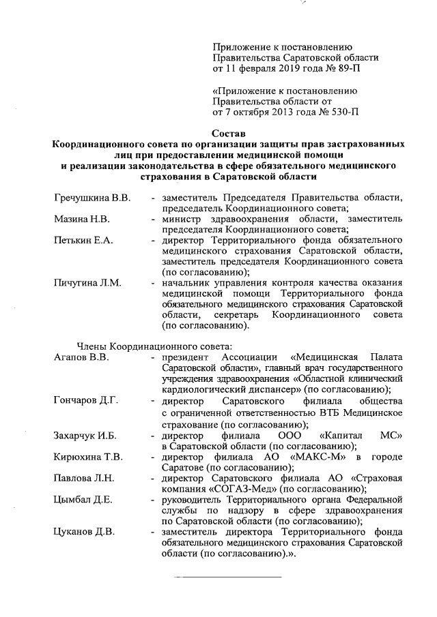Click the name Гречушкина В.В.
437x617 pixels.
91,198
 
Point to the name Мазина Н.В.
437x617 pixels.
81,220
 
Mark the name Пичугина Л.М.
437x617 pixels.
87,283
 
